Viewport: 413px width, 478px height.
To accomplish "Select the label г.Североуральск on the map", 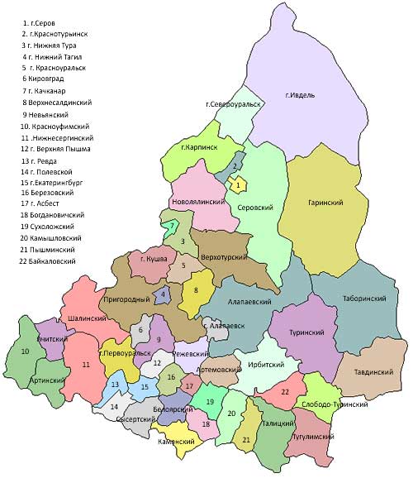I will coord(234,105).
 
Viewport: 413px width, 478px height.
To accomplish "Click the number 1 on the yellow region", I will coord(238,186).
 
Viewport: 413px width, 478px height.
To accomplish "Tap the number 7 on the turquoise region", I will coord(172,226).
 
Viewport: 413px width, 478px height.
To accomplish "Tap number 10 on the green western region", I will coord(25,351).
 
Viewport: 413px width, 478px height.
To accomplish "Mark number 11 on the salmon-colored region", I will coord(86,364).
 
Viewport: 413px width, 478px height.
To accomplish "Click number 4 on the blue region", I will coord(164,294).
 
